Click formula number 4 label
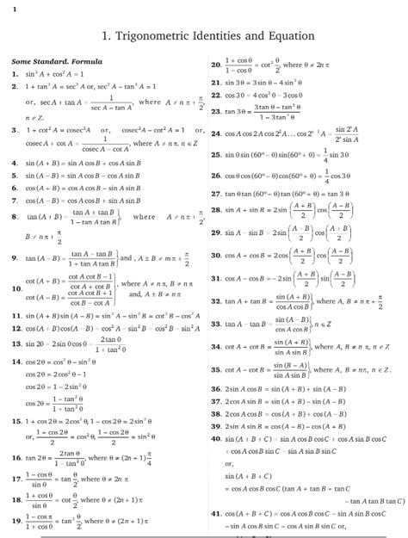(x=15, y=162)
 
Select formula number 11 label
(x=16, y=316)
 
